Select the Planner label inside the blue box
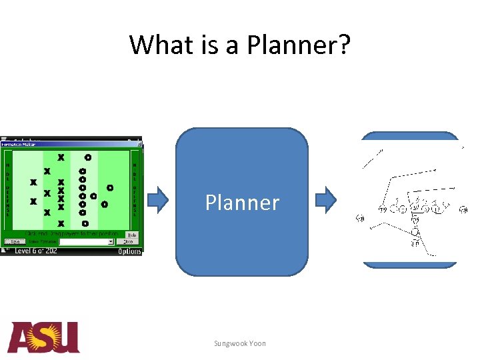(242, 202)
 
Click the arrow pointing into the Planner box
(158, 198)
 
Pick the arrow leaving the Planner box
(326, 198)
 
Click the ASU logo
(44, 337)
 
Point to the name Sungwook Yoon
(240, 343)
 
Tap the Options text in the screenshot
(129, 251)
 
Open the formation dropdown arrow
(111, 242)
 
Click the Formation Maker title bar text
(18, 144)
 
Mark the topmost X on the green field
(61, 158)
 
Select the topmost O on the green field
(87, 158)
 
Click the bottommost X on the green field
(61, 223)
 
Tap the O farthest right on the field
(110, 188)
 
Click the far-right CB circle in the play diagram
(463, 211)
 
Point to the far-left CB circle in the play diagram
(361, 218)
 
